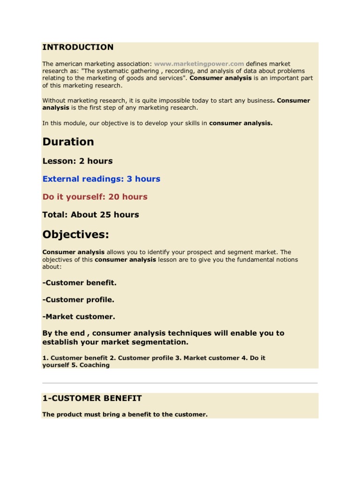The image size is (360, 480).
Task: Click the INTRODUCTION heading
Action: click(x=78, y=47)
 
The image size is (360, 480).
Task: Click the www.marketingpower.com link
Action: click(x=199, y=64)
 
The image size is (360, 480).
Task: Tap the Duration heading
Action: click(x=68, y=142)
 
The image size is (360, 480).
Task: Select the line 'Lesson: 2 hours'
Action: click(x=77, y=161)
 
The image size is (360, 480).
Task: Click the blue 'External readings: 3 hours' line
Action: click(x=101, y=179)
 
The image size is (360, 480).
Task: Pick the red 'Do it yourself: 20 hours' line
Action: click(x=95, y=196)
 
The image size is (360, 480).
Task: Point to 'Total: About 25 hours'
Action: click(x=90, y=214)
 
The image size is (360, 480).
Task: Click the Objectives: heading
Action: click(x=75, y=234)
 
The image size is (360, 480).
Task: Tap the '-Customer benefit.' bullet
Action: click(x=79, y=283)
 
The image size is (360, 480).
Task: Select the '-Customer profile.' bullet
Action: click(x=78, y=300)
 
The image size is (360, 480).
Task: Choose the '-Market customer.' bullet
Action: click(x=78, y=316)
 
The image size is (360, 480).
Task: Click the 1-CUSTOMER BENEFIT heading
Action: click(x=92, y=398)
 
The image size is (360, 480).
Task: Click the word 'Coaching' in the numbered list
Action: click(x=95, y=365)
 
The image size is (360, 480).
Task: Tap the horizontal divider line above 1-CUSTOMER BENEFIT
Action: click(x=180, y=383)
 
